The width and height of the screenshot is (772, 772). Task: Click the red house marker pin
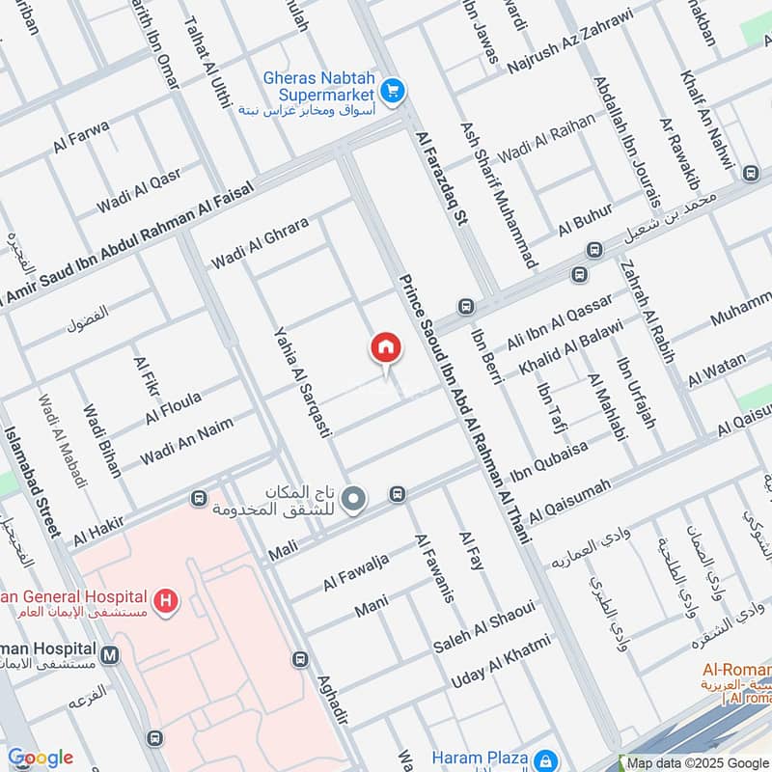tap(385, 348)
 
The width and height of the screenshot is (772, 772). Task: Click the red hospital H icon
tap(167, 600)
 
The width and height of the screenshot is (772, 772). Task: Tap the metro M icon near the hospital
tap(110, 655)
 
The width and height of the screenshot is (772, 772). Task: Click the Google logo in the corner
tap(40, 758)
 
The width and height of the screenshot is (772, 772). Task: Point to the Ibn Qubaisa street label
tap(548, 461)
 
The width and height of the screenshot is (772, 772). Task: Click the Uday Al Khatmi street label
tap(501, 661)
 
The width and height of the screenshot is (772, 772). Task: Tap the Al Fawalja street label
tap(356, 572)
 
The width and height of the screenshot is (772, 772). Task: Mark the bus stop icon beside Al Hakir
tap(199, 499)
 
